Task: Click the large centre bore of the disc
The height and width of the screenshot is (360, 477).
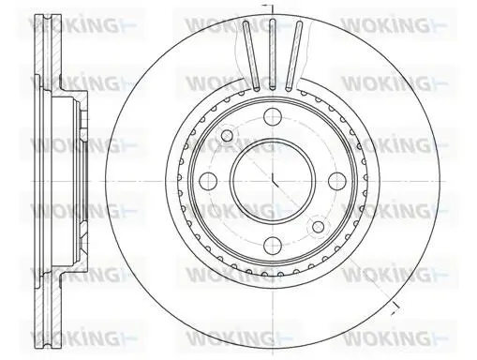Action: point(273,180)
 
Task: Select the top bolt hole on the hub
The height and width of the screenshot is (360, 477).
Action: point(273,116)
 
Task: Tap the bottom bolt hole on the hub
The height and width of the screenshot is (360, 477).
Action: point(273,245)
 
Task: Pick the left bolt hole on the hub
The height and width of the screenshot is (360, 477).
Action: point(208,180)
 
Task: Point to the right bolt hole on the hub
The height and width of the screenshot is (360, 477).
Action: point(337,180)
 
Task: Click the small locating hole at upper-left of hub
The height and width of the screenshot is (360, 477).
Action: point(227,135)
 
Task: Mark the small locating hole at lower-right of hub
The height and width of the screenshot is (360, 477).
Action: point(318,226)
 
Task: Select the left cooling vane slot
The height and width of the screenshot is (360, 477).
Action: point(251,55)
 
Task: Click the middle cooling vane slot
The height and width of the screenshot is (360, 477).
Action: point(273,54)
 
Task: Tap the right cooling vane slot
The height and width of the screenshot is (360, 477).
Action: point(294,55)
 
